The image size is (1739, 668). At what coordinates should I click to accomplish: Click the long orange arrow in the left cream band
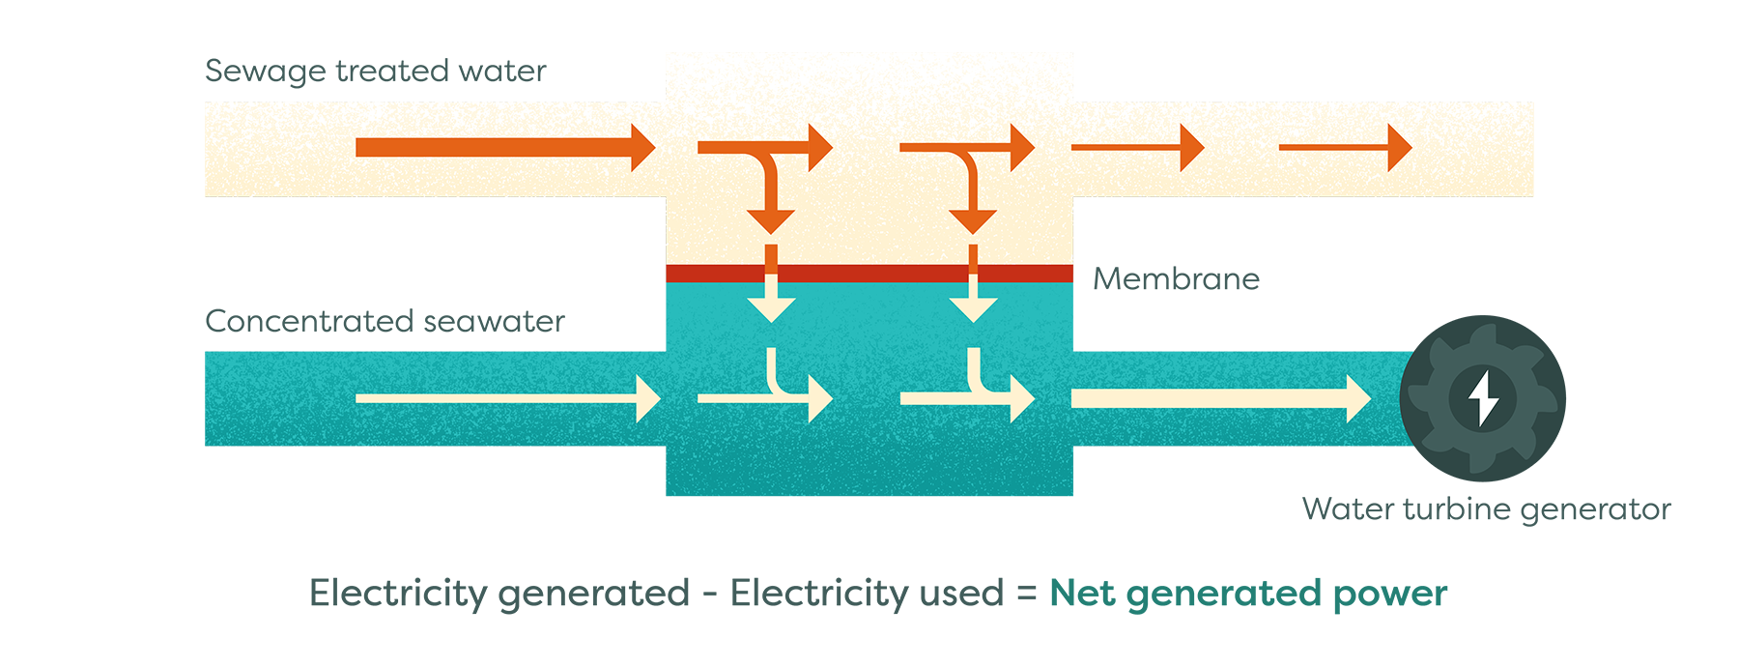click(502, 147)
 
